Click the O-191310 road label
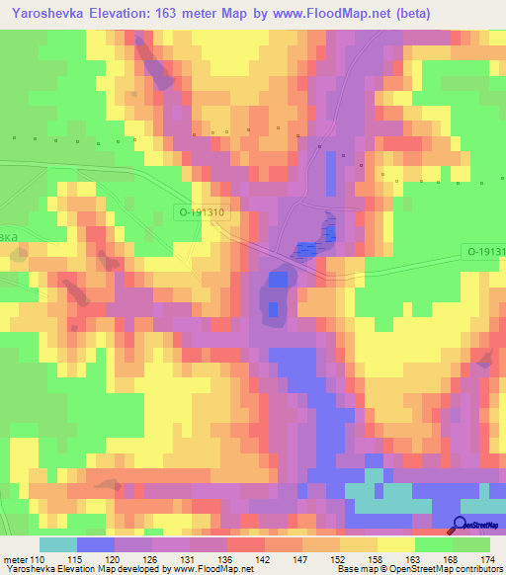click(x=202, y=211)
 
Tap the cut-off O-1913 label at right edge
click(x=486, y=253)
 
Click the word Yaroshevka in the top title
click(x=50, y=13)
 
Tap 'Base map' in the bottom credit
click(x=357, y=568)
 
